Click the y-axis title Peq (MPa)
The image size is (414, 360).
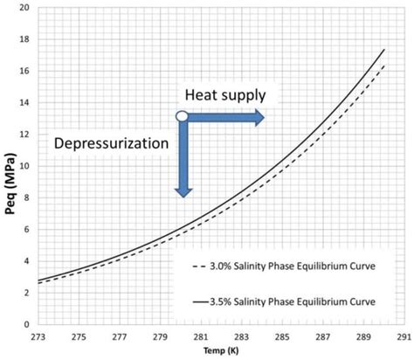point(11,166)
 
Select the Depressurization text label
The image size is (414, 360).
point(111,142)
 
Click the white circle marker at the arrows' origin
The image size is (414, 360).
point(182,116)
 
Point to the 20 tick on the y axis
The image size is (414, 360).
point(24,8)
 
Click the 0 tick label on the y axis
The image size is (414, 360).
point(26,324)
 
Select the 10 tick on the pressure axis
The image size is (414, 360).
point(24,166)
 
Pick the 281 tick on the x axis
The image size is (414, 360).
point(200,336)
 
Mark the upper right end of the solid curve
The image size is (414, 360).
point(384,50)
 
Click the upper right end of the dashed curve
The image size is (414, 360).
point(384,65)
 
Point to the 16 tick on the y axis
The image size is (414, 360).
point(24,72)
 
